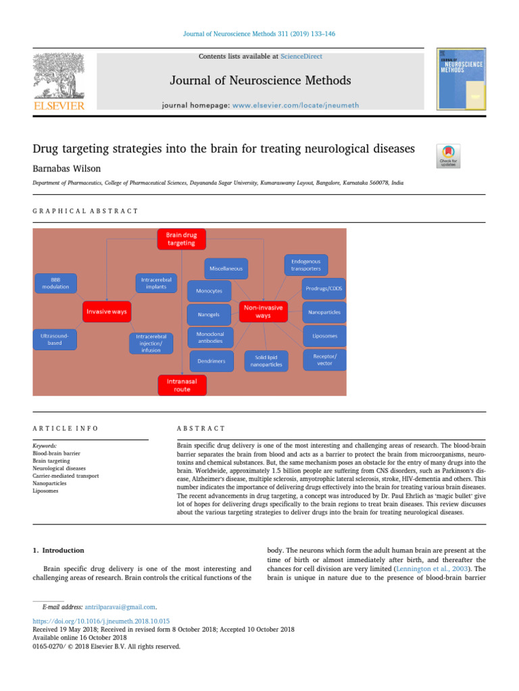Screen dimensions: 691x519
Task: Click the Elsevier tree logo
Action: pos(59,76)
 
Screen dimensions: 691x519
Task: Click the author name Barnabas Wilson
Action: pos(70,169)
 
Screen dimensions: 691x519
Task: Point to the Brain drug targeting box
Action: pos(182,239)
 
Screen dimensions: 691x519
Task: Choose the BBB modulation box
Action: pos(55,283)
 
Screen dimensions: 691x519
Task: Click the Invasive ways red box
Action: pos(107,312)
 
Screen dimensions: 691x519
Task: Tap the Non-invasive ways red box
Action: pos(263,312)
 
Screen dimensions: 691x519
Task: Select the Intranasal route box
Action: pos(182,385)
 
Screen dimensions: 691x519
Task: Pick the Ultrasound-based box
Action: pos(55,339)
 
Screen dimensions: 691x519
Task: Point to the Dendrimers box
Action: pos(212,361)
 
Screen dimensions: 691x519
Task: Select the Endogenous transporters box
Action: pos(306,264)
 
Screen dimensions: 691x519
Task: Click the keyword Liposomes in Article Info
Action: pos(45,491)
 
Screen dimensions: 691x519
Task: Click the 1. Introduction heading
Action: pos(59,550)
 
